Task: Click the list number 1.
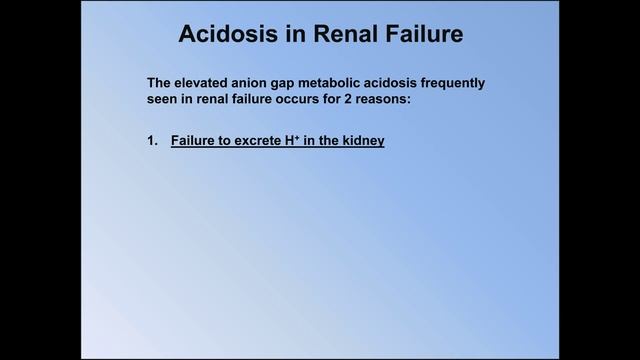pos(152,142)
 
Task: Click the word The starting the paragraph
pos(160,82)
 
